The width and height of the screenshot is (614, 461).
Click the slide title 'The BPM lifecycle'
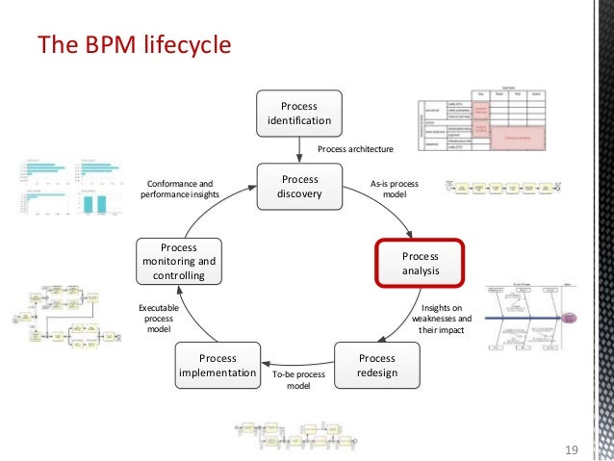[x=133, y=44]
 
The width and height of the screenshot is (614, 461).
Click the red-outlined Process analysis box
[x=420, y=264]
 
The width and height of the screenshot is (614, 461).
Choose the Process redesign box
[x=376, y=366]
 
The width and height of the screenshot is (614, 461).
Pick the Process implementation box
[x=217, y=366]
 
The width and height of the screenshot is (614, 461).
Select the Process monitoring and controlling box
[x=179, y=263]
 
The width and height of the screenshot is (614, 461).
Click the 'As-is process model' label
[x=395, y=187]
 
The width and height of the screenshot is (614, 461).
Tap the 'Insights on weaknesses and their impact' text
[x=442, y=319]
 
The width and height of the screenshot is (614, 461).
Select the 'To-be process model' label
[x=299, y=379]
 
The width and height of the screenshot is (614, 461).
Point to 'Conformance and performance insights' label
[x=180, y=187]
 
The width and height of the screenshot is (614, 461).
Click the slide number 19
[x=572, y=449]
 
